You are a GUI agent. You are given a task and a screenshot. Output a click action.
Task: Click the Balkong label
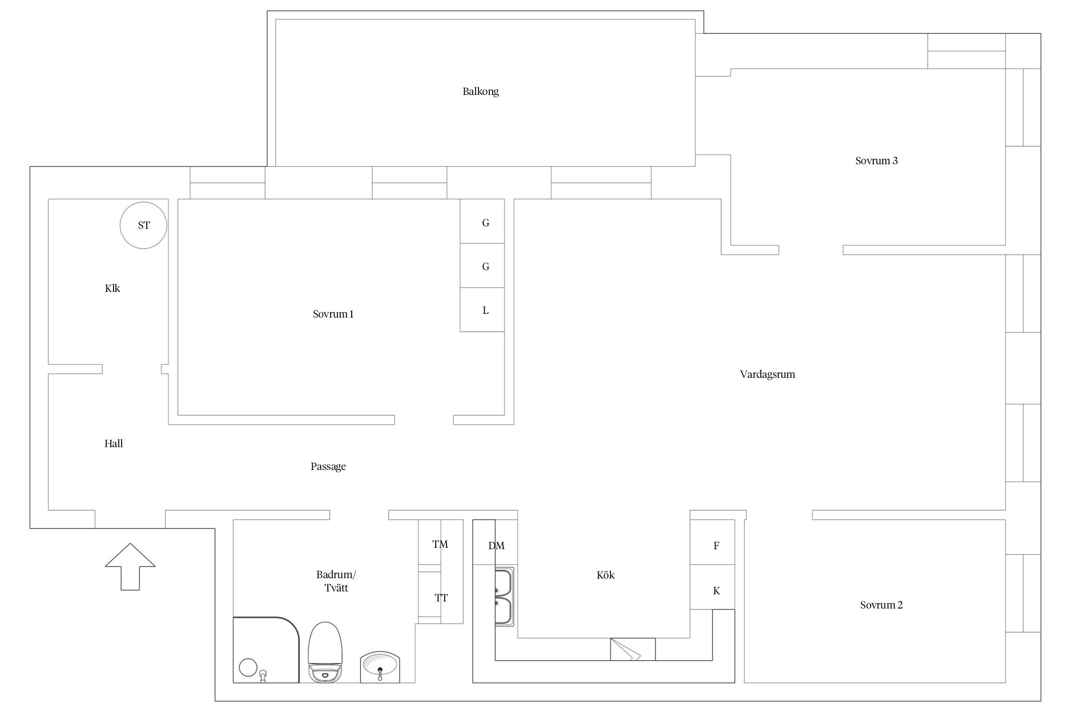point(480,91)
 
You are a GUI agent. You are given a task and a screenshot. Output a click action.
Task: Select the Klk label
point(113,288)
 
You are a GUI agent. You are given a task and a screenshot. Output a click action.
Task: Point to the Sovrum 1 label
point(333,314)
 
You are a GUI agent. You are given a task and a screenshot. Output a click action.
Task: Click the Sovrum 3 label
point(877,160)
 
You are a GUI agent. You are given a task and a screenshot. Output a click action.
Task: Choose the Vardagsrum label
point(768,374)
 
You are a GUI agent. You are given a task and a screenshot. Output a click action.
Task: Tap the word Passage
point(328,467)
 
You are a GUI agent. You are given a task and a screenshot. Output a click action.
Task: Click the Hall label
point(114,443)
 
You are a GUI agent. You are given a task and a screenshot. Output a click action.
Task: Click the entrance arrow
point(130,567)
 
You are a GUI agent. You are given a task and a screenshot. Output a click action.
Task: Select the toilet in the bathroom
point(325,652)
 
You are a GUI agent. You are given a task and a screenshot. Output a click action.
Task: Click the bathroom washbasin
point(380,667)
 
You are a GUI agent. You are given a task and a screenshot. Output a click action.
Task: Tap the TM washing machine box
point(440,543)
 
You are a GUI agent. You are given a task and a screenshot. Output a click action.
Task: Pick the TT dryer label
point(441,598)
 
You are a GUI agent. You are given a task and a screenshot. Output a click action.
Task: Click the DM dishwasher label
point(496,546)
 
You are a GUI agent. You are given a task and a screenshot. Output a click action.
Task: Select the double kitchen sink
point(504,597)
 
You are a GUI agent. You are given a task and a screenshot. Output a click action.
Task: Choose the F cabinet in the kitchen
point(712,542)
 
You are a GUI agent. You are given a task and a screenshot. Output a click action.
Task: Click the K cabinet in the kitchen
point(712,587)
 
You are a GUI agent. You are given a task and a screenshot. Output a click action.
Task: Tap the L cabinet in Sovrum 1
point(482,309)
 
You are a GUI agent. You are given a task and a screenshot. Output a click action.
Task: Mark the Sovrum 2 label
point(881,605)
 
